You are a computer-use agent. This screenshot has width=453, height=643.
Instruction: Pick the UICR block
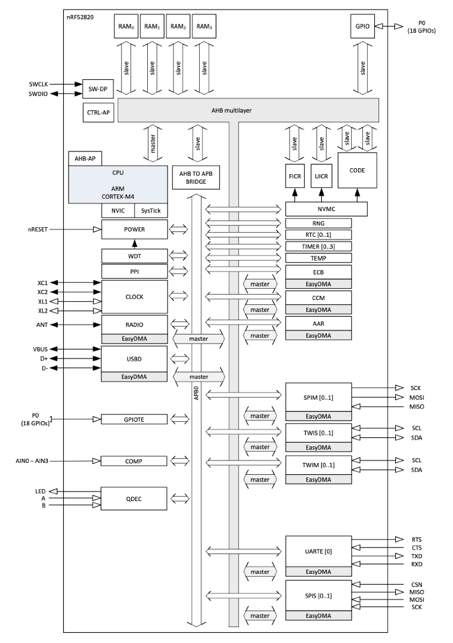[321, 178]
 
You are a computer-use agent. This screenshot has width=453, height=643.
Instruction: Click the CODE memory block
[357, 170]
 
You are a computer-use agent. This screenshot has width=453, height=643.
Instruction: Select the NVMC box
[326, 209]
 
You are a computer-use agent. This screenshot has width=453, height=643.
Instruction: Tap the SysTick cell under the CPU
[151, 211]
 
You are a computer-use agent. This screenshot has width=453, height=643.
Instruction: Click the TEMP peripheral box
[318, 258]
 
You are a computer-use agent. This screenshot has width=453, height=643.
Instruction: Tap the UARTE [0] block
[318, 551]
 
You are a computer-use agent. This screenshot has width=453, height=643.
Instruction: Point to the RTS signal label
[416, 539]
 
